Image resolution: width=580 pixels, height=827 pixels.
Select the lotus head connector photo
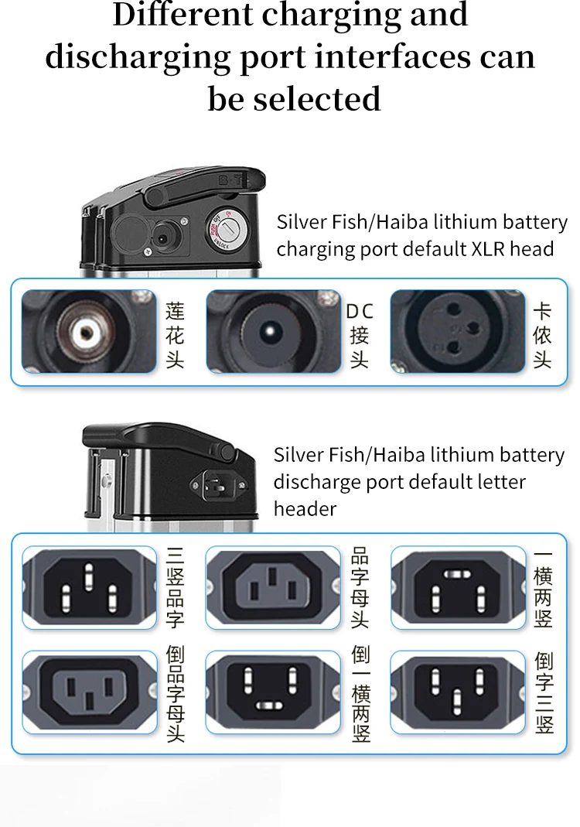[88, 330]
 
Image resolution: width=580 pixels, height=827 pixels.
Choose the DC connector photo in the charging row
[273, 331]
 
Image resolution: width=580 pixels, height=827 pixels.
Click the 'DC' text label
[359, 312]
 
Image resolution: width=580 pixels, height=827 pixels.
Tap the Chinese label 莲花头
[175, 335]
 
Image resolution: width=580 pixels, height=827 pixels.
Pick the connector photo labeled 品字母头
[273, 586]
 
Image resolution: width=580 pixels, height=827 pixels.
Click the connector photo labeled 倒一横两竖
[273, 691]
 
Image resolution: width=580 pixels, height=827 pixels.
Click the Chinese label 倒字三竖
[544, 693]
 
